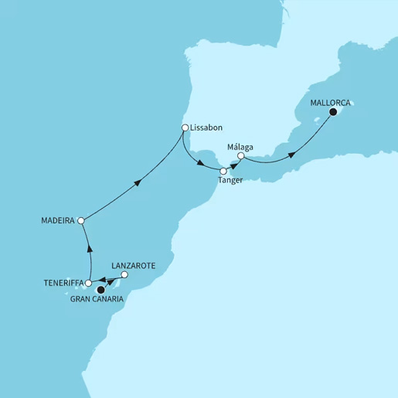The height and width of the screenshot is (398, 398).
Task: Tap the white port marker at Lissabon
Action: click(185, 128)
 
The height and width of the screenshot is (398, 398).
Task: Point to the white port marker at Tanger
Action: click(223, 171)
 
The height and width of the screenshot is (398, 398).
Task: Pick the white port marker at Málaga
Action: click(240, 156)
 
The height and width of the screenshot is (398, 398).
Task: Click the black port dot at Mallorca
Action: click(333, 112)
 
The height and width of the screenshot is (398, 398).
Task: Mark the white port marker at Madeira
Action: click(81, 221)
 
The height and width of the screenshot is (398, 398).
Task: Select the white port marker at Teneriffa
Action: click(88, 284)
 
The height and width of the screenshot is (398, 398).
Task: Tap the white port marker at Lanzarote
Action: click(124, 274)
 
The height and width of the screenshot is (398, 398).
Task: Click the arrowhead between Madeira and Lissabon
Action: click(138, 182)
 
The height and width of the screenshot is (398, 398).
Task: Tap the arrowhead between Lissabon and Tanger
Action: click(202, 165)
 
